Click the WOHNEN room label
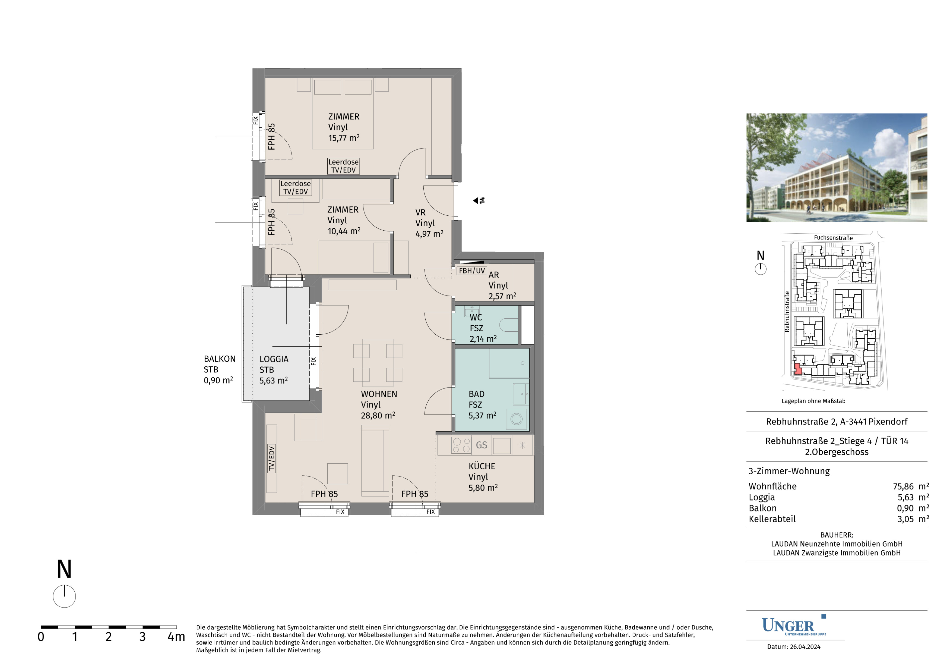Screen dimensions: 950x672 click(x=379, y=394)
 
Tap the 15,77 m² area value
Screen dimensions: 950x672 click(x=343, y=138)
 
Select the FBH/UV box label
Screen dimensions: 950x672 click(x=472, y=271)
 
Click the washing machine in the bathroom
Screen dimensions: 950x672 click(x=516, y=419)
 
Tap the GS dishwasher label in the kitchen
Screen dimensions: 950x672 click(x=481, y=445)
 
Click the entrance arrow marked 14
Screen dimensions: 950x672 click(x=479, y=200)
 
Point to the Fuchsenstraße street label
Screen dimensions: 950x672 click(x=833, y=238)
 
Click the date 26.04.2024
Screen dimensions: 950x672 click(x=805, y=647)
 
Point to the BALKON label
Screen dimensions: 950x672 click(x=220, y=359)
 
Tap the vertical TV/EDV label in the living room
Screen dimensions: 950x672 click(x=271, y=459)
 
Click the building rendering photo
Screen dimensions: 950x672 click(x=837, y=167)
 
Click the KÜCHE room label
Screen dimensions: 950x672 click(x=482, y=466)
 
